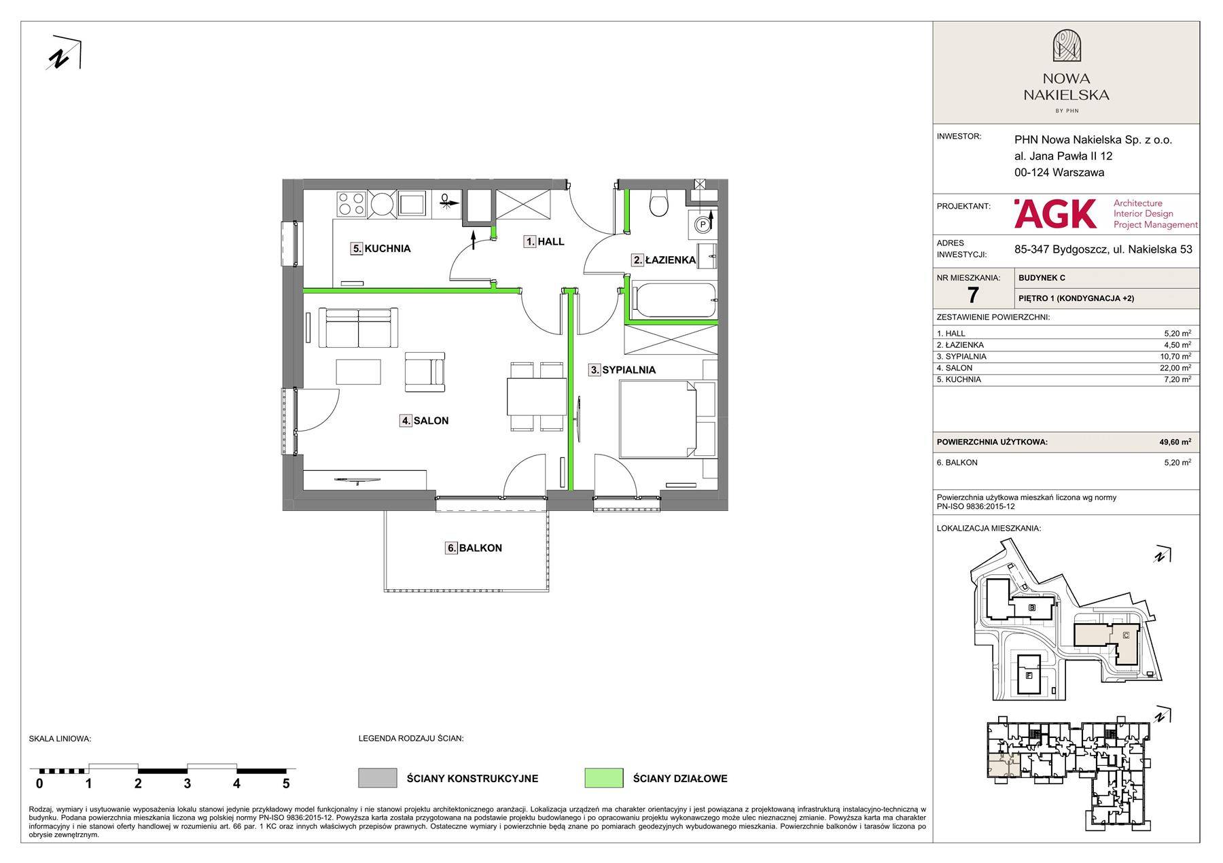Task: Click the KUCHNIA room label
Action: [381, 249]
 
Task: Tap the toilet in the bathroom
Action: [659, 202]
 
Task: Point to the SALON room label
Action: [424, 421]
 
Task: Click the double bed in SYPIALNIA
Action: [658, 419]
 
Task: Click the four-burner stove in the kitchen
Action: [352, 204]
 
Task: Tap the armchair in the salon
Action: [425, 372]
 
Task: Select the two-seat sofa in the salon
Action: [358, 328]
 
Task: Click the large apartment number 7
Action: [973, 295]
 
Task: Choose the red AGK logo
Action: [1054, 213]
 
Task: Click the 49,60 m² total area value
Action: [1175, 442]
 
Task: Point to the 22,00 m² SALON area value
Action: [1177, 368]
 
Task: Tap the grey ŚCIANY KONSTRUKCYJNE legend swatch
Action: [378, 778]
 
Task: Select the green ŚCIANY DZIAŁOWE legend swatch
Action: [603, 778]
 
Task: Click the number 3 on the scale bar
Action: [187, 783]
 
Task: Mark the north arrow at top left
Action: [65, 52]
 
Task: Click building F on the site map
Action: [1029, 675]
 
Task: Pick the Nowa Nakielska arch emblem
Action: [1066, 46]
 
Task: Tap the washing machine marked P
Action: [703, 223]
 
